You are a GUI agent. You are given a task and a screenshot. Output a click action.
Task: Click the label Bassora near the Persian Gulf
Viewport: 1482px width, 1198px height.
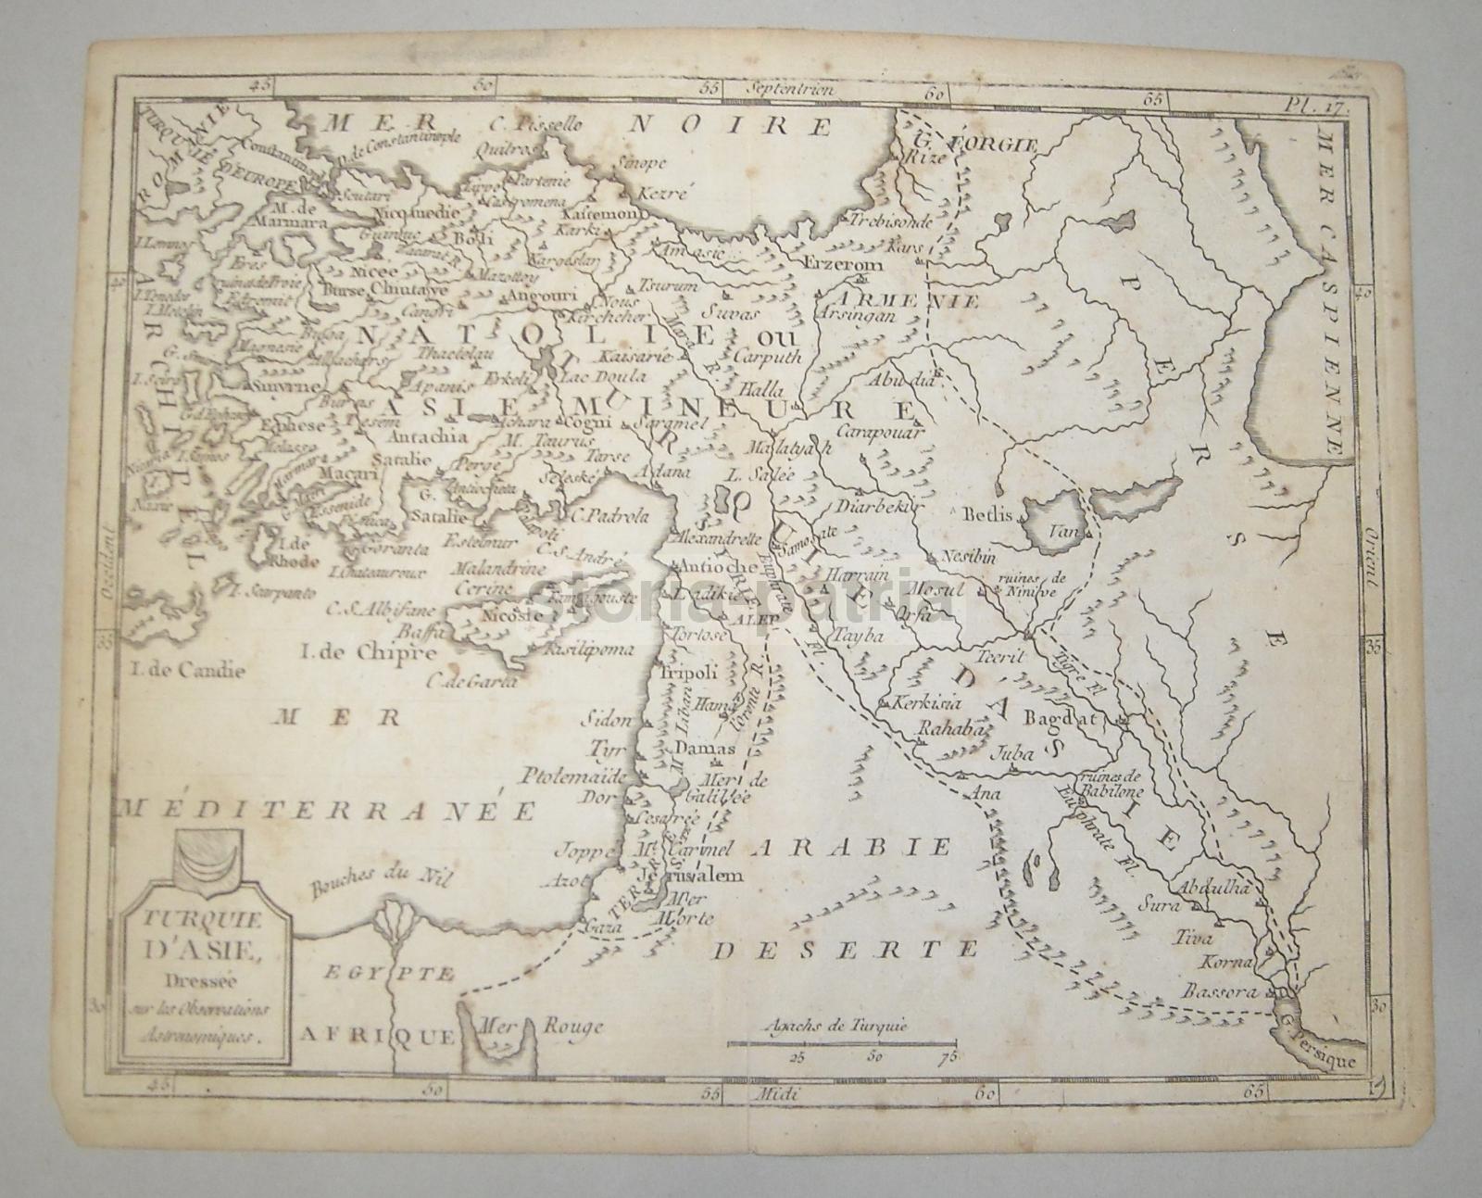point(1222,990)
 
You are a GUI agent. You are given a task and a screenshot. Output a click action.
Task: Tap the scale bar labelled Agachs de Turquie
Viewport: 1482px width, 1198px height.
point(841,1043)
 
